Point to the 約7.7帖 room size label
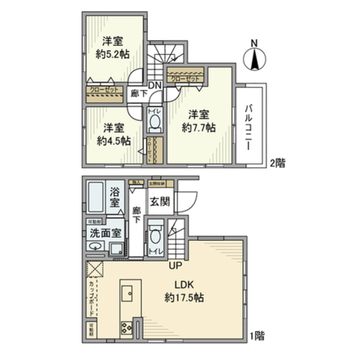point(198,128)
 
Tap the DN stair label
point(156,85)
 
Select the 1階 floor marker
point(257,336)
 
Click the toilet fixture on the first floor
point(155,236)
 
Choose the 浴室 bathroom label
point(115,198)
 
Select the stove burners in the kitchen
point(127,326)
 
